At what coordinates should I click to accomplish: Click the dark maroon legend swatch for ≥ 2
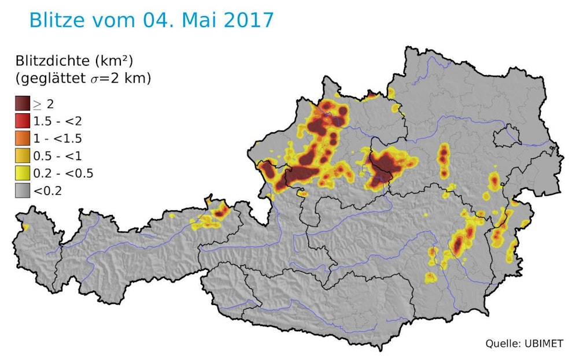pyautogui.click(x=23, y=104)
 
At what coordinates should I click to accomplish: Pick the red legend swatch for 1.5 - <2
pyautogui.click(x=23, y=121)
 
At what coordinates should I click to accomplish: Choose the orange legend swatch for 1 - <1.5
pyautogui.click(x=23, y=139)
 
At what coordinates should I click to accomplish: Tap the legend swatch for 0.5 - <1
pyautogui.click(x=23, y=156)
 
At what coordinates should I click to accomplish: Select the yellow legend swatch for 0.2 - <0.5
pyautogui.click(x=23, y=173)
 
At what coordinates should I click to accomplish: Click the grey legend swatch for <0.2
pyautogui.click(x=23, y=191)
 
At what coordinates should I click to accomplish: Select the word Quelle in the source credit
pyautogui.click(x=501, y=343)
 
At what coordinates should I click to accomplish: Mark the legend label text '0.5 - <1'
pyautogui.click(x=57, y=156)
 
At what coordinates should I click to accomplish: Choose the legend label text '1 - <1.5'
pyautogui.click(x=57, y=139)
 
